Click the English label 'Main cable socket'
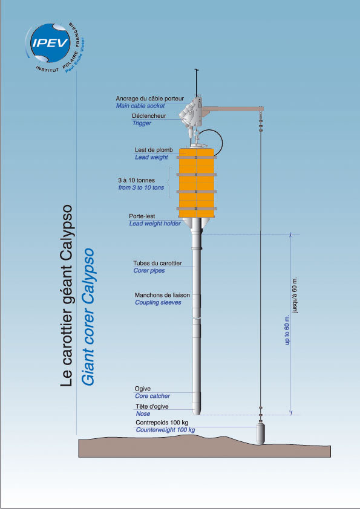(x=140, y=106)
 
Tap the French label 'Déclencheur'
(x=149, y=116)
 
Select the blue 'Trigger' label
(x=142, y=123)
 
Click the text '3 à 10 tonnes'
(x=137, y=180)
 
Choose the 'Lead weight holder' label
(x=155, y=223)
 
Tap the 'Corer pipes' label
(x=149, y=270)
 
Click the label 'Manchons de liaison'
(x=162, y=295)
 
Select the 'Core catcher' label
(x=152, y=396)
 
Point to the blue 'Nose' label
(x=143, y=414)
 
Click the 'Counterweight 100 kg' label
(x=165, y=430)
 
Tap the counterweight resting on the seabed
(x=261, y=433)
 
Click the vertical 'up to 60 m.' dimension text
(x=287, y=329)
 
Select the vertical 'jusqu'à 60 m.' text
(x=295, y=295)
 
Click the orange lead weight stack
(x=197, y=183)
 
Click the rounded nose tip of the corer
(x=197, y=412)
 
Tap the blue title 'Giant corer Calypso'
(x=88, y=317)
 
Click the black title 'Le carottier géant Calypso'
(x=67, y=296)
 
